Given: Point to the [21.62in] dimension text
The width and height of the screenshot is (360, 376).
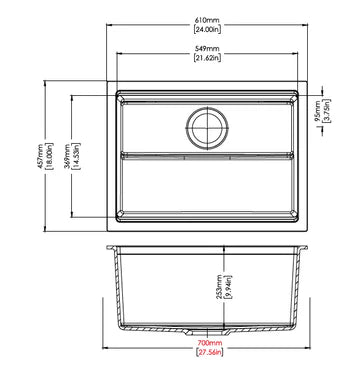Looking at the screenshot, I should pyautogui.click(x=209, y=58).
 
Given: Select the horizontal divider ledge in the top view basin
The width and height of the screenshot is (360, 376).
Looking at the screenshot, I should pyautogui.click(x=209, y=155).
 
